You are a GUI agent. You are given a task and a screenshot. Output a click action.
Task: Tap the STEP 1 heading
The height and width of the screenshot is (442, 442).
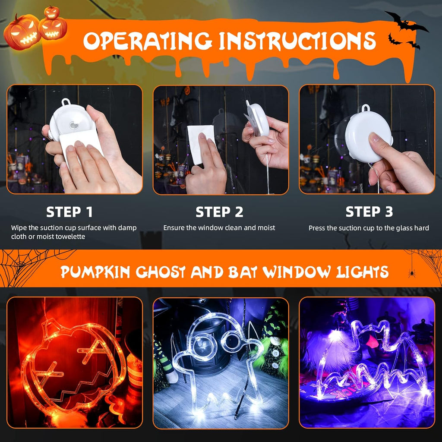click(x=69, y=212)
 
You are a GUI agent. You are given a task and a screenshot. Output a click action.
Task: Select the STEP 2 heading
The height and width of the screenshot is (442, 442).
click(x=219, y=212)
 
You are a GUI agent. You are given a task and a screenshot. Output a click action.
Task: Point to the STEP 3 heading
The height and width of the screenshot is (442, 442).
click(x=369, y=212)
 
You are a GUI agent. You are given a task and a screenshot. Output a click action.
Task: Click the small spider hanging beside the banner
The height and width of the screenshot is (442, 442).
click(x=412, y=273)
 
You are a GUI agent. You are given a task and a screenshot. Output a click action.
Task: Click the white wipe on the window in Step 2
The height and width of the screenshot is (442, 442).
click(x=201, y=144)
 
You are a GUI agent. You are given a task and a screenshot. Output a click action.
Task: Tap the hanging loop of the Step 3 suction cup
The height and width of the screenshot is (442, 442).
click(x=366, y=107)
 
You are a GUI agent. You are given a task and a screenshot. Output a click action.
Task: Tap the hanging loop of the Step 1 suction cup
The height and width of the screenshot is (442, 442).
click(x=66, y=102)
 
